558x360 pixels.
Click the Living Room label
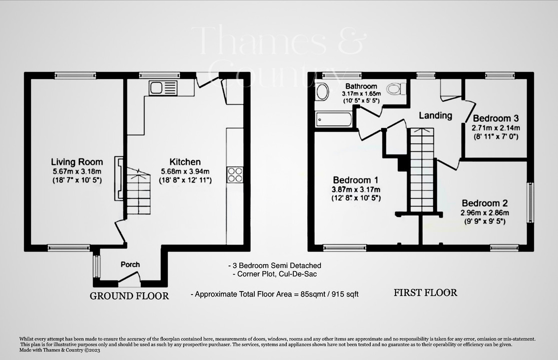point(77,162)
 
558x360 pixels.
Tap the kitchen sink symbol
point(162,88)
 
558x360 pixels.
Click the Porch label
point(130,264)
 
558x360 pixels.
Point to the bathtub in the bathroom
point(334,119)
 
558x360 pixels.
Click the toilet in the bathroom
point(396,89)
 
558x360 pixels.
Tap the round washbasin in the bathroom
point(323,91)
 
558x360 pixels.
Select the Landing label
point(435,115)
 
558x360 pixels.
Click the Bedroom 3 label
point(496,118)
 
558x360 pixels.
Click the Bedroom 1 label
point(355,180)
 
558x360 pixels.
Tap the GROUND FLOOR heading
point(129,296)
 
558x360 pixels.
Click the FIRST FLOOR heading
point(425,293)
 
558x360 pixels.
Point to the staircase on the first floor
point(422,170)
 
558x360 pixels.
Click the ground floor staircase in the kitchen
point(138,191)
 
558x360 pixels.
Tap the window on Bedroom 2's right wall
point(530,202)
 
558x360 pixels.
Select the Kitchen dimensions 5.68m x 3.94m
point(185,171)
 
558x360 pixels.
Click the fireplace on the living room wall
point(118,178)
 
